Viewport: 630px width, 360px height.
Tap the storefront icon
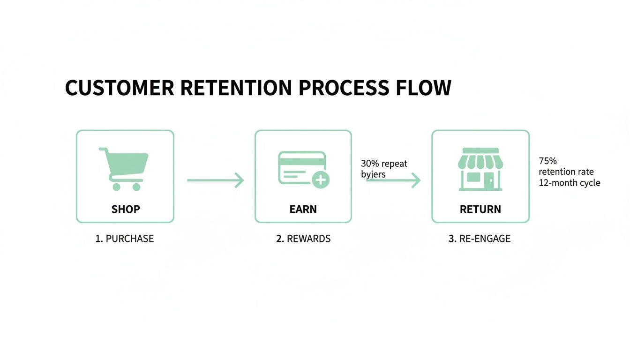pyautogui.click(x=480, y=169)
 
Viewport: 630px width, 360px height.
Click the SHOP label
pyautogui.click(x=125, y=209)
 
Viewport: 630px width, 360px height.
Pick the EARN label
pyautogui.click(x=303, y=209)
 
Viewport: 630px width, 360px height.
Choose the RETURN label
pyautogui.click(x=480, y=209)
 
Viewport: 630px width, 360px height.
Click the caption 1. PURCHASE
pyautogui.click(x=125, y=239)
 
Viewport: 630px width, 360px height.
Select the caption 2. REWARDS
pyautogui.click(x=303, y=239)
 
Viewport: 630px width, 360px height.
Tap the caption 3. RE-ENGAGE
pyautogui.click(x=480, y=239)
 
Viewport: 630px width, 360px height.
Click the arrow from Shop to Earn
pyautogui.click(x=215, y=180)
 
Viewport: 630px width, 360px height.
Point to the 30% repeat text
pyautogui.click(x=384, y=164)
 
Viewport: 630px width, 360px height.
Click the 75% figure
pyautogui.click(x=547, y=161)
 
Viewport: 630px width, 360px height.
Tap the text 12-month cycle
pyautogui.click(x=569, y=183)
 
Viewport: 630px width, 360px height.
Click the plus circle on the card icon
pyautogui.click(x=321, y=180)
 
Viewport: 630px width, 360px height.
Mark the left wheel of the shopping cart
pyautogui.click(x=117, y=187)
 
